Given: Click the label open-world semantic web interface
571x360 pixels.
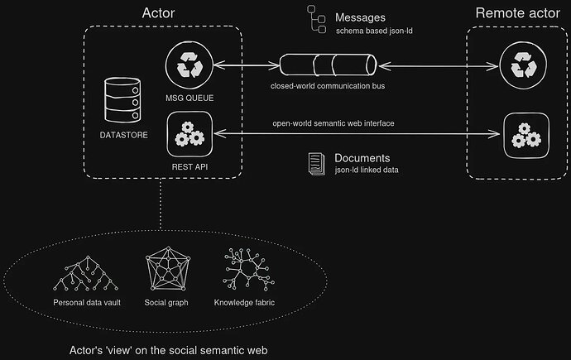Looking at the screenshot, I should [333, 123].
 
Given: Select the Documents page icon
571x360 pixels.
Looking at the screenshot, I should [315, 162].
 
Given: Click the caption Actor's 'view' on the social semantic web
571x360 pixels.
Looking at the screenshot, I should [169, 350].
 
